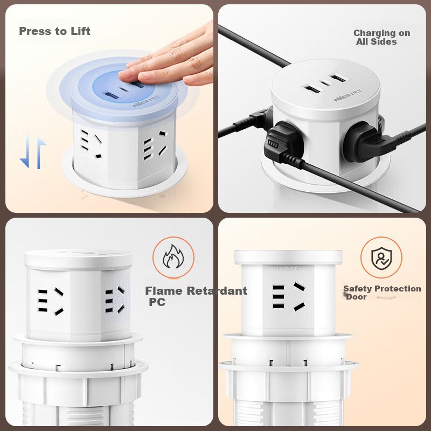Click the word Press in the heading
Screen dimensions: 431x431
point(32,31)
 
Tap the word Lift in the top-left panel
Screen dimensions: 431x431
point(80,31)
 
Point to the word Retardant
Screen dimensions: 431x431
point(217,291)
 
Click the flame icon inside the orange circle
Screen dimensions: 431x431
point(173,256)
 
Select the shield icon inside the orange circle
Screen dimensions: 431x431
point(381,258)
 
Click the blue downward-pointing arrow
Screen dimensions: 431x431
point(25,151)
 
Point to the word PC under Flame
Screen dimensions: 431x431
point(157,302)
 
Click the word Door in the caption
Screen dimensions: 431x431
point(356,297)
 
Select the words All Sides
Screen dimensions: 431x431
point(376,42)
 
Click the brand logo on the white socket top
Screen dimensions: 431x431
point(347,95)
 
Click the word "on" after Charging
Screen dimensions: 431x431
point(403,33)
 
